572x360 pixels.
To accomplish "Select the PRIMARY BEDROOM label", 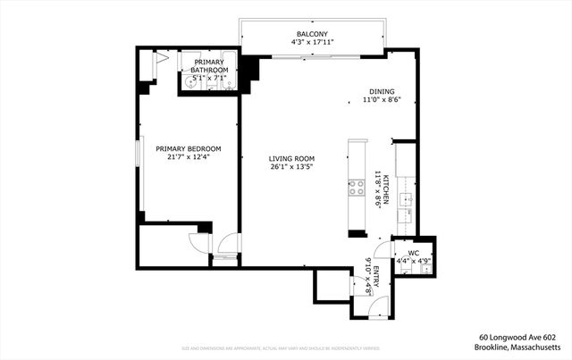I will [188, 148].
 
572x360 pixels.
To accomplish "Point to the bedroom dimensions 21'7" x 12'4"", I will [188, 157].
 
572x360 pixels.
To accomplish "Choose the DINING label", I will [381, 91].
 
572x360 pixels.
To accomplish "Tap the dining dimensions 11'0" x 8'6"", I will [381, 100].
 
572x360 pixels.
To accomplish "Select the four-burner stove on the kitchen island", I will [357, 187].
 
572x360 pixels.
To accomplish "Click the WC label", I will [413, 253].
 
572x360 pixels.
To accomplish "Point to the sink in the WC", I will [426, 265].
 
